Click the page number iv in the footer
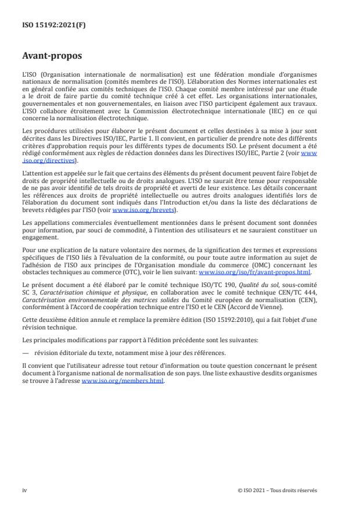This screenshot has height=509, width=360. (x=24, y=490)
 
